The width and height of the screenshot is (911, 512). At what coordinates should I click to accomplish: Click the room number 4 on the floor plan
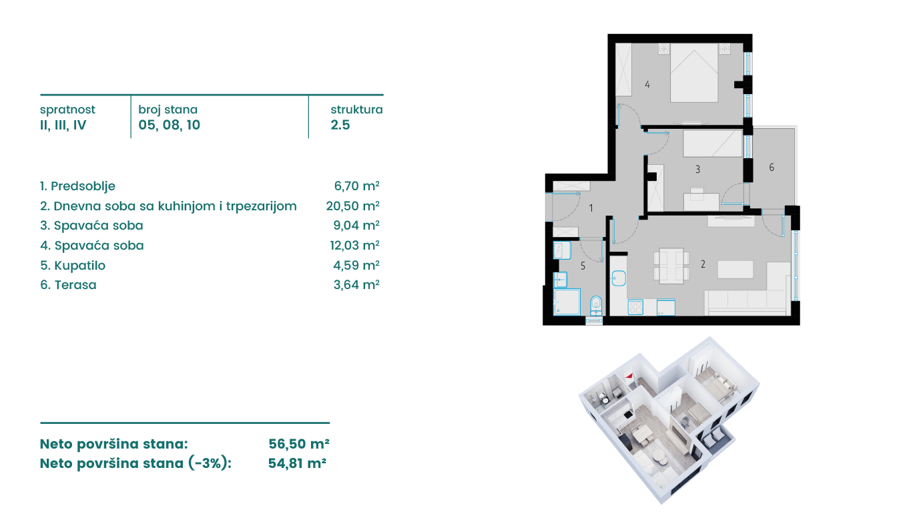pos(647,85)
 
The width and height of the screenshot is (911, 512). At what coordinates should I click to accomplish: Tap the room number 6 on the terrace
pos(772,167)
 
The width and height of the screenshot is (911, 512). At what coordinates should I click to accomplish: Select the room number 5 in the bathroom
pos(583,266)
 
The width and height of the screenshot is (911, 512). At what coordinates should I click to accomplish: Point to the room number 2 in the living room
pos(703,264)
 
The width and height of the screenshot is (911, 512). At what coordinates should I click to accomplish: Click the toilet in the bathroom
pos(596,306)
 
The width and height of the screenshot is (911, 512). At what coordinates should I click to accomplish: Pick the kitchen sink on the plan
pos(619,278)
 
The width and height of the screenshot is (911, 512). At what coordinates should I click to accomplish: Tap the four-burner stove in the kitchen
pos(635,307)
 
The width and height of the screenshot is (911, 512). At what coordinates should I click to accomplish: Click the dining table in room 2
pos(671,266)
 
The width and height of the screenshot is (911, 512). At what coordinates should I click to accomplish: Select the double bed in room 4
pos(694,72)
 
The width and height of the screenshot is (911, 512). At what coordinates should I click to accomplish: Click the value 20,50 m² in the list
pos(352,206)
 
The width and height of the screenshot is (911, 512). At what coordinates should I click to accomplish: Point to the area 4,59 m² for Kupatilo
pos(356,266)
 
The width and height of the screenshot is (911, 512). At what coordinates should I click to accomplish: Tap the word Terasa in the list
pos(75,285)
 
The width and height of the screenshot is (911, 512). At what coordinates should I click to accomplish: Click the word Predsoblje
pos(83,187)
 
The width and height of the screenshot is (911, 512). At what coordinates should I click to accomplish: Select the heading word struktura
pos(356,109)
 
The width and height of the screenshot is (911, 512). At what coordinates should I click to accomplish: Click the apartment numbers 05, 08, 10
pos(170,125)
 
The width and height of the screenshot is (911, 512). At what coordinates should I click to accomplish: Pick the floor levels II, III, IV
pos(63,125)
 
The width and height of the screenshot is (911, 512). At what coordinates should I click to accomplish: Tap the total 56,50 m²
pos(299,444)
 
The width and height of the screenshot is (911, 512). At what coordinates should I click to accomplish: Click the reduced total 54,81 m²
pos(297,463)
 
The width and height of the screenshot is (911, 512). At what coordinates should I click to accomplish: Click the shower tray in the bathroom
pos(567,301)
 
